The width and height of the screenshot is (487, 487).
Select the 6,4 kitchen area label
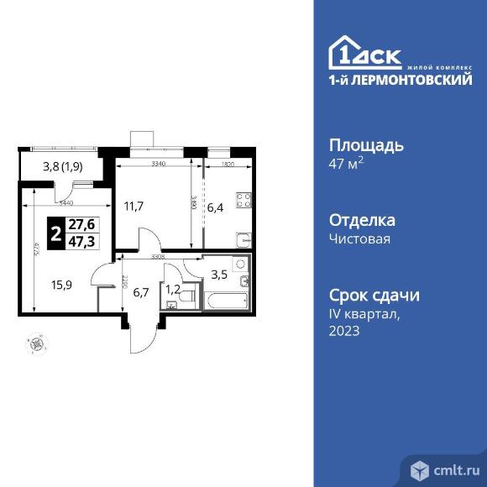coord(216,207)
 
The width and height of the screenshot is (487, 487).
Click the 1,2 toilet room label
coord(172,291)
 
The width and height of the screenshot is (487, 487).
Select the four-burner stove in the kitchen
coord(243,201)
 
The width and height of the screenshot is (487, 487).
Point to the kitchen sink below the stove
coord(243,238)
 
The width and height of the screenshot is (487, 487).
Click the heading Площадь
coord(365,144)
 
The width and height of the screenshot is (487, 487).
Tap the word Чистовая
coord(359,238)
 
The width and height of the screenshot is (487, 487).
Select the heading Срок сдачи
coord(374,296)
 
